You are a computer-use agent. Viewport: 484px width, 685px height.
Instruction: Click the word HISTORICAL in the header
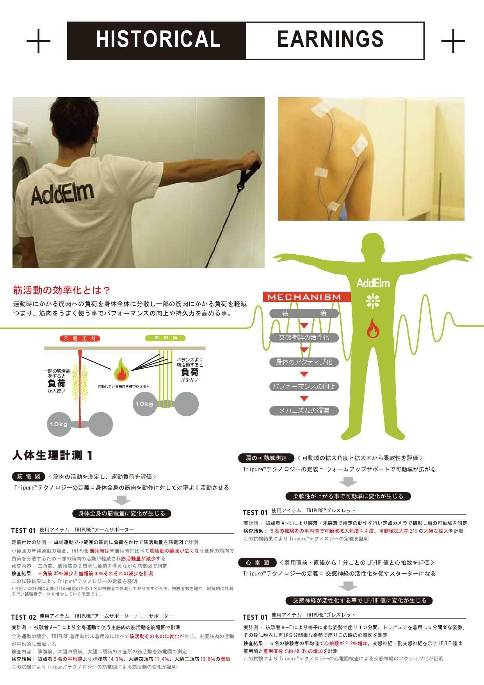(158, 39)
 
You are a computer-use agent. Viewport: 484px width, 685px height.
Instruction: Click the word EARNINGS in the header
(330, 39)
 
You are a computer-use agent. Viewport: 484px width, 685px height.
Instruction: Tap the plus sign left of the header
(38, 40)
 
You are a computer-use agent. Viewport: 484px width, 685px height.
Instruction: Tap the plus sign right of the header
(453, 40)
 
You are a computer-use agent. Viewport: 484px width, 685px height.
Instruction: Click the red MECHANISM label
(304, 297)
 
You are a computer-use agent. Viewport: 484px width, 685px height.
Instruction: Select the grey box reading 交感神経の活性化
(304, 337)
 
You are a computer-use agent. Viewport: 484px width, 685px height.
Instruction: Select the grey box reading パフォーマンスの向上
(304, 387)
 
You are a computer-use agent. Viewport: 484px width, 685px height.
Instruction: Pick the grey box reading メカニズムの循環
(304, 411)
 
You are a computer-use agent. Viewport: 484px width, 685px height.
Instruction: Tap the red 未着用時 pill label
(80, 339)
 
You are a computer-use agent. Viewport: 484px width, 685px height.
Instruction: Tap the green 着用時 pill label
(165, 338)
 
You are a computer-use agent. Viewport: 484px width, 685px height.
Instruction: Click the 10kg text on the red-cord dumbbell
(59, 424)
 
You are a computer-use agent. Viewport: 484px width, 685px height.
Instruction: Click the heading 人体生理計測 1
(53, 455)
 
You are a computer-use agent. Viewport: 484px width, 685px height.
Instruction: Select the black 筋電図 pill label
(29, 476)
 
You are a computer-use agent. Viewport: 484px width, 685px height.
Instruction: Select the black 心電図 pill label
(258, 562)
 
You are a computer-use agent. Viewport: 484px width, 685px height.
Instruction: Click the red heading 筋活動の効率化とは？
(62, 290)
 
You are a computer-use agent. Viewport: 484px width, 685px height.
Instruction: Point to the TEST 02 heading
(23, 617)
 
